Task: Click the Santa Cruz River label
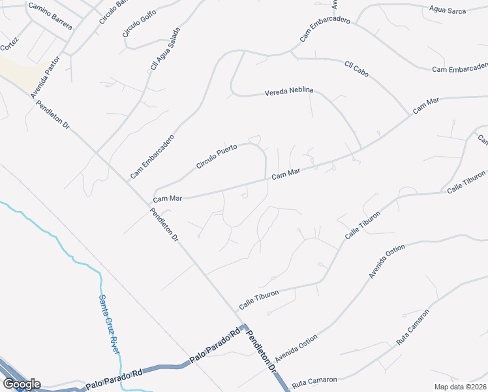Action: tap(110, 324)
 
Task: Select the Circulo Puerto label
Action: tap(216, 157)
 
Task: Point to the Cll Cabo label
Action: tap(356, 68)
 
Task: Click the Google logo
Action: tap(22, 384)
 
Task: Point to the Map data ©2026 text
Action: tap(460, 387)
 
